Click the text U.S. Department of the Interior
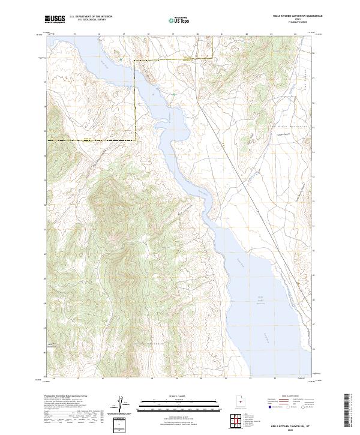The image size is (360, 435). pos(90,17)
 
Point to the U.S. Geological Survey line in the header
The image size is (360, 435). pos(90,20)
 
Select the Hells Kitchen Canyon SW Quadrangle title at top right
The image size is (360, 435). pos(290,16)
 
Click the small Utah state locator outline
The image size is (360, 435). pos(242,401)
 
